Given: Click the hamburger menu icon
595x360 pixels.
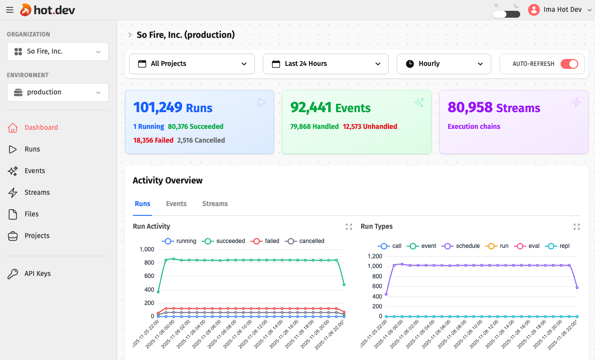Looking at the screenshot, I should (x=10, y=10).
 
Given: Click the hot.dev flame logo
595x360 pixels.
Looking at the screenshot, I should (x=26, y=10).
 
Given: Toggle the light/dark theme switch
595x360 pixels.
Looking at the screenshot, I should (x=506, y=14).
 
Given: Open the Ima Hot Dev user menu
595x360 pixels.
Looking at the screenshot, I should (x=560, y=10).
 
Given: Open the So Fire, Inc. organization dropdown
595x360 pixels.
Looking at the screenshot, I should (x=58, y=52).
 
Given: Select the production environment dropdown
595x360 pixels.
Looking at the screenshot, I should (x=58, y=92).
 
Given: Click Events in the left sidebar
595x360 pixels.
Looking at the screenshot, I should (x=34, y=171).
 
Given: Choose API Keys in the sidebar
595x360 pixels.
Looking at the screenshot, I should (x=37, y=273).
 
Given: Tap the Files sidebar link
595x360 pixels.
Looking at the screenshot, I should (x=31, y=214).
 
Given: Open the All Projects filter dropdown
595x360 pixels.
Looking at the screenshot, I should (x=192, y=64).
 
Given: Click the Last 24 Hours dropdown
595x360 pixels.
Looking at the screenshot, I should (x=326, y=64).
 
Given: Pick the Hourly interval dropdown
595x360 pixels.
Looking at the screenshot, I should (x=443, y=64).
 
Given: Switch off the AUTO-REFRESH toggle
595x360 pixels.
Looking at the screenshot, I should (x=569, y=64).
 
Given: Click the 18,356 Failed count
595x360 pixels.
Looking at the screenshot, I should (x=153, y=140).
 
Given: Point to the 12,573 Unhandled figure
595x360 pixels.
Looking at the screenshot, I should (x=370, y=126).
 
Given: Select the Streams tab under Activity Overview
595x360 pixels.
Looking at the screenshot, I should (x=215, y=204).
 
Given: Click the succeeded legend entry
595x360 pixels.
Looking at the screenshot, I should (x=224, y=241).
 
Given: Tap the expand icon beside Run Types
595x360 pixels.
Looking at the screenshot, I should (x=577, y=227).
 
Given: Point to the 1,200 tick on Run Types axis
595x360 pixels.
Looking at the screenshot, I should (x=374, y=256).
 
